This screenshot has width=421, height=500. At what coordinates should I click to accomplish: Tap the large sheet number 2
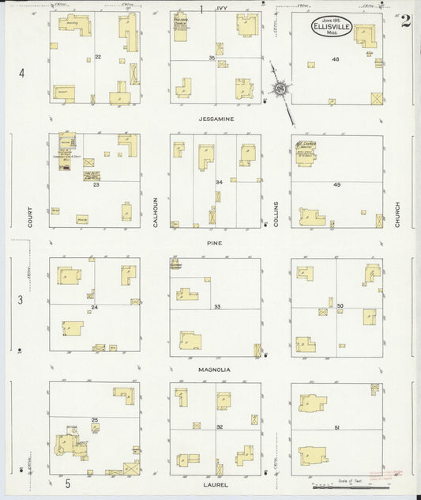[404, 21]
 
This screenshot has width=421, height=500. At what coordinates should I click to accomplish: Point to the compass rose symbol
[281, 93]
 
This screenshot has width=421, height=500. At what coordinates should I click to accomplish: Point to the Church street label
[398, 214]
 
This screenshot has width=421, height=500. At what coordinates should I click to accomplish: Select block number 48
[335, 59]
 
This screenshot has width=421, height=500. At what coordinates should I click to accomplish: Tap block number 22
[98, 57]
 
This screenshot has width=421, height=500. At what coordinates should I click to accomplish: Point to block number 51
[337, 428]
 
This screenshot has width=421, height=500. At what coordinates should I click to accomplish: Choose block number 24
[94, 306]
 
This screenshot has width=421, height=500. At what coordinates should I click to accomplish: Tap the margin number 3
[22, 301]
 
